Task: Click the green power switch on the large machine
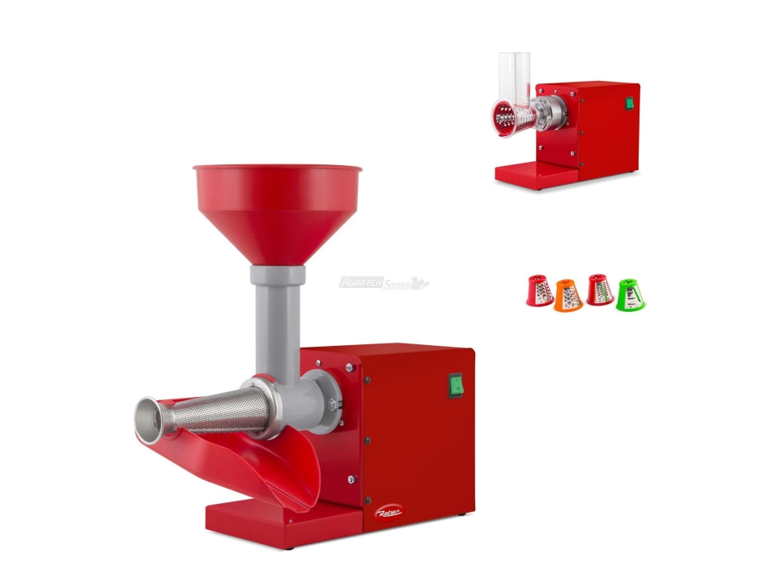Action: (456, 385)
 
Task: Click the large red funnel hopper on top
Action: (277, 206)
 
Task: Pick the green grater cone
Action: (631, 295)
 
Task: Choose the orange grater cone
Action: (568, 296)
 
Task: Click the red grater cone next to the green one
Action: (599, 289)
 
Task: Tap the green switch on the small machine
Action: (627, 103)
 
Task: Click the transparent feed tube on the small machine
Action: (514, 77)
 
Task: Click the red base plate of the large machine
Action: (267, 518)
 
